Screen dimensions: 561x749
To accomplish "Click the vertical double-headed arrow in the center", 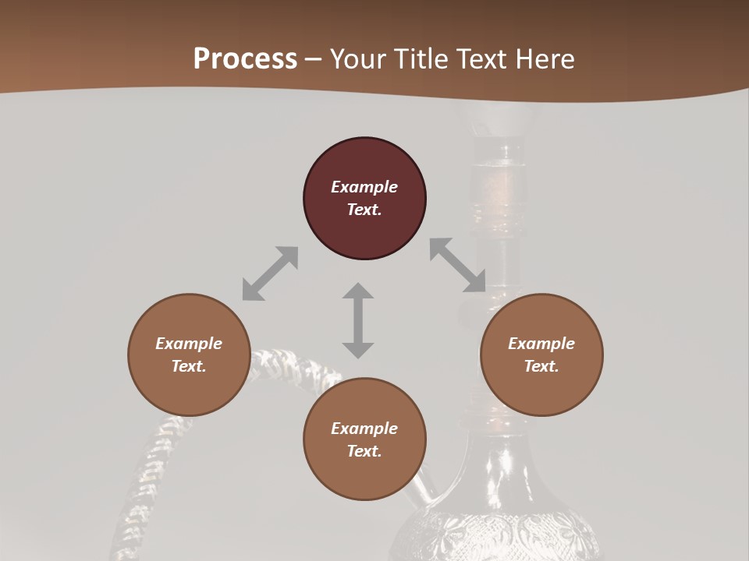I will point(358,320).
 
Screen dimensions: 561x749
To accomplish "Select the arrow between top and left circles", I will point(270,273).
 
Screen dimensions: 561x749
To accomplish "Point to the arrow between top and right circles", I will point(458,265).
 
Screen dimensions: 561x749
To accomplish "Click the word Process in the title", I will point(245,59).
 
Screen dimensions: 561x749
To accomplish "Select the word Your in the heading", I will point(356,59).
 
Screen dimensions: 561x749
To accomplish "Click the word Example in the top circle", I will point(364,187).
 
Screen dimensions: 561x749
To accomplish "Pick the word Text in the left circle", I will point(189,366).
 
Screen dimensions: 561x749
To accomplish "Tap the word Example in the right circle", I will point(541,344).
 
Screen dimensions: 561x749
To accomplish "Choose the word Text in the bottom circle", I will point(364,451).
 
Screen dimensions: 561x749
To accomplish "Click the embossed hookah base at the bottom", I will point(499,530).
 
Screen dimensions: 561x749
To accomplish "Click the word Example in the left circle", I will point(189,344).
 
